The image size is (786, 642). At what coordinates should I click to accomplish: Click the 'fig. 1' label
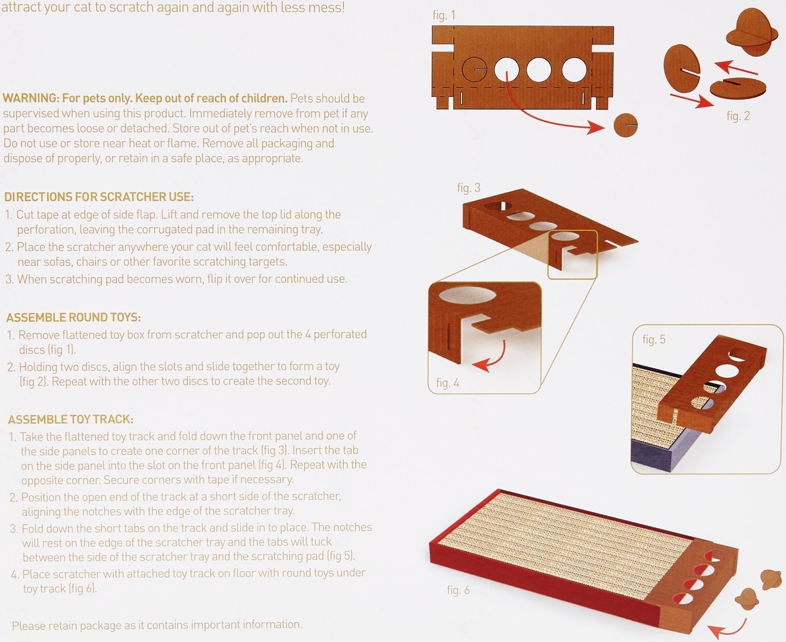pyautogui.click(x=443, y=16)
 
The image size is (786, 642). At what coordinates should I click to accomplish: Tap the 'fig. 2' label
pyautogui.click(x=738, y=116)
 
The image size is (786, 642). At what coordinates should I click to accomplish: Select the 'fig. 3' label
pyautogui.click(x=469, y=188)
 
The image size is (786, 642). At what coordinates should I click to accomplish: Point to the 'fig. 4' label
pyautogui.click(x=447, y=383)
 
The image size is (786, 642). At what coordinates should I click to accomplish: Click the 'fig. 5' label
pyautogui.click(x=654, y=339)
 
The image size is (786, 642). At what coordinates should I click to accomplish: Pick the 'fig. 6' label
pyautogui.click(x=458, y=590)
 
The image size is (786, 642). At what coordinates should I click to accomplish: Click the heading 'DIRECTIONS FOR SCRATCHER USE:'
pyautogui.click(x=99, y=197)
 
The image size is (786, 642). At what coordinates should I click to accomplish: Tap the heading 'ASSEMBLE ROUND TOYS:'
pyautogui.click(x=73, y=317)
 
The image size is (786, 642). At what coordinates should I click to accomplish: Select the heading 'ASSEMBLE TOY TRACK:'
pyautogui.click(x=71, y=419)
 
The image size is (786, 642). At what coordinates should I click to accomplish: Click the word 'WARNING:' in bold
pyautogui.click(x=31, y=98)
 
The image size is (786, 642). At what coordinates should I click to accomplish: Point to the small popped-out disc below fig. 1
pyautogui.click(x=626, y=125)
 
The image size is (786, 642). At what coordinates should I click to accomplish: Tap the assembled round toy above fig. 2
pyautogui.click(x=752, y=33)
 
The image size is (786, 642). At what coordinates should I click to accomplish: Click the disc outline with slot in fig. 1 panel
pyautogui.click(x=474, y=69)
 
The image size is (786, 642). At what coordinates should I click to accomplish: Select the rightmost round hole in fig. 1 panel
pyautogui.click(x=574, y=69)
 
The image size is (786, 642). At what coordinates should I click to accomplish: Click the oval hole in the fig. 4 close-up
pyautogui.click(x=468, y=295)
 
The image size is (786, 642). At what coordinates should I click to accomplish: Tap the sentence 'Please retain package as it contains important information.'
pyautogui.click(x=157, y=625)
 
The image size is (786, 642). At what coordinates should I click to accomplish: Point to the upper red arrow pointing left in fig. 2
pyautogui.click(x=735, y=67)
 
